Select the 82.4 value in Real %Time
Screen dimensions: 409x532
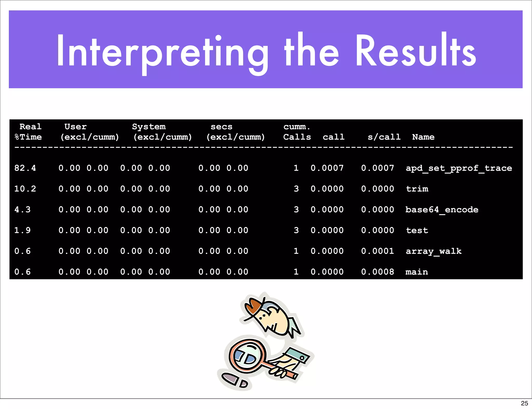coord(25,168)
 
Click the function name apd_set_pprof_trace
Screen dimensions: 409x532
coord(459,168)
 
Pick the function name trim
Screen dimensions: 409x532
coord(417,189)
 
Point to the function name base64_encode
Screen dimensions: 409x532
coord(442,210)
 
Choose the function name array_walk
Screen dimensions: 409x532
coord(434,251)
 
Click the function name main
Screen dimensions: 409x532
coord(417,272)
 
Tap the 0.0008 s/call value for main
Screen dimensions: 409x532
coord(377,272)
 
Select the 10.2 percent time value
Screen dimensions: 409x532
coord(25,189)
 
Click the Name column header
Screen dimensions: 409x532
coord(423,137)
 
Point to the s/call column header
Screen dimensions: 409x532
coord(384,137)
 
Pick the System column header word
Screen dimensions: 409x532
coord(149,127)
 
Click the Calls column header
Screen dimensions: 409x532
coord(297,137)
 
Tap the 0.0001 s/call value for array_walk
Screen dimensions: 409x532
coord(377,251)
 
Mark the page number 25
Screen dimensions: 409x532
coord(524,403)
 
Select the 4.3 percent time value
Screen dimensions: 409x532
coord(23,210)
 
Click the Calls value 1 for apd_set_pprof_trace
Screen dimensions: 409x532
coord(296,168)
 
